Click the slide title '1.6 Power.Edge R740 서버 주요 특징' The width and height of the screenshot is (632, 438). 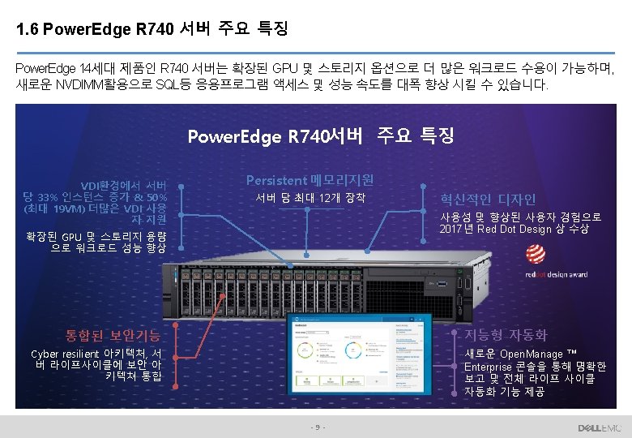pos(152,30)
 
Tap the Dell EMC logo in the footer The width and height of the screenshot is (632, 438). pos(599,427)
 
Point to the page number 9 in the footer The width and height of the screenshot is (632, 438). pos(317,427)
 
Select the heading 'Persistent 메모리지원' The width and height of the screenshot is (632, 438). pos(310,179)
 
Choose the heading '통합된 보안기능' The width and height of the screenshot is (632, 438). pos(113,335)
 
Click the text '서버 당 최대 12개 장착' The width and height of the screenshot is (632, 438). pos(310,198)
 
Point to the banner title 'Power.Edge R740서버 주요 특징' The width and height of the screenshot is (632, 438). pos(320,135)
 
